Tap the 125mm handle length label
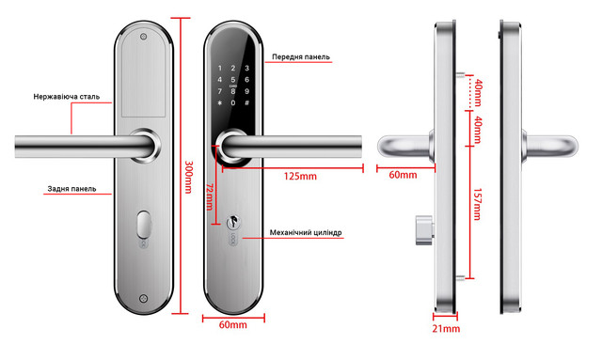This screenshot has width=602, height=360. click(x=299, y=176)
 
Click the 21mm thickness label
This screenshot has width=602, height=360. click(x=446, y=329)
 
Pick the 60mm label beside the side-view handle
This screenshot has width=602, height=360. click(x=402, y=176)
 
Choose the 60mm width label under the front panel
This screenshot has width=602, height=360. click(x=231, y=325)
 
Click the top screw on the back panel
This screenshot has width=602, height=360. click(x=143, y=39)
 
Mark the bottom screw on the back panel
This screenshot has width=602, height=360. click(x=143, y=300)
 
